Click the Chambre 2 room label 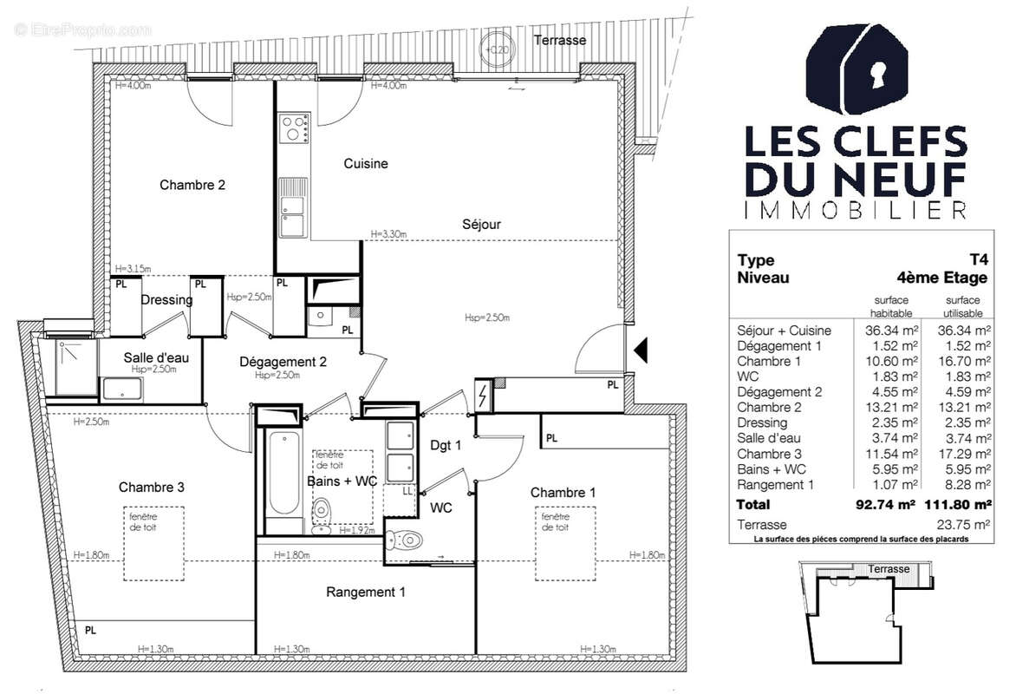tap(192, 185)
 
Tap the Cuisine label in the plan tap(365, 163)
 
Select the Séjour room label tap(481, 224)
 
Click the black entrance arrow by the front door tap(641, 351)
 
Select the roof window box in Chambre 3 tap(152, 545)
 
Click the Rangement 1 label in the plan tap(365, 593)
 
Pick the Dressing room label tap(167, 300)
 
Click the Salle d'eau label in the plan tap(150, 357)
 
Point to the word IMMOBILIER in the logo tap(855, 210)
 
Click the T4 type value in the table tap(978, 259)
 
